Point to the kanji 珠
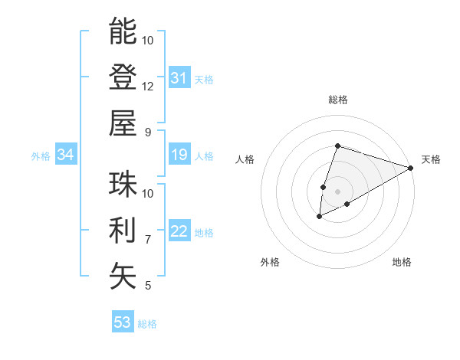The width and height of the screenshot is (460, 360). [123, 184]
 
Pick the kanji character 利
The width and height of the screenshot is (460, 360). [123, 230]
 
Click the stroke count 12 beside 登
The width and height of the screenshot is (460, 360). [148, 87]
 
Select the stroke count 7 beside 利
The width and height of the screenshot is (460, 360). [148, 240]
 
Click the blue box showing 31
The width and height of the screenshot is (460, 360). [179, 77]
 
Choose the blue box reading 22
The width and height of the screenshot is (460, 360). [179, 232]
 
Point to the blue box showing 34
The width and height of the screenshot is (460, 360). [65, 155]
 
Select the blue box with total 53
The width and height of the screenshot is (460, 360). [123, 322]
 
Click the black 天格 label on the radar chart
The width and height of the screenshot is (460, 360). [431, 159]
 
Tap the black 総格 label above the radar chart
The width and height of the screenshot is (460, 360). [337, 100]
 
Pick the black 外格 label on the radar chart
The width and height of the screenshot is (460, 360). [270, 262]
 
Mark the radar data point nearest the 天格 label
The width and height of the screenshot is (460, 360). [412, 168]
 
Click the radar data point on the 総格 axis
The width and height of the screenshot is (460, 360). [337, 146]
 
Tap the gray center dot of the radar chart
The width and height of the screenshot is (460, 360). [337, 190]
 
